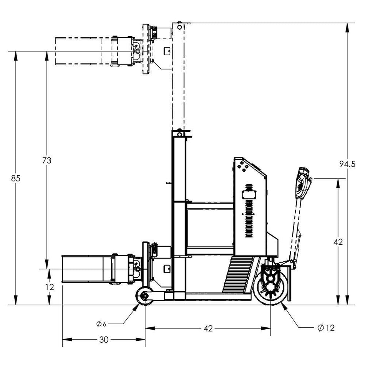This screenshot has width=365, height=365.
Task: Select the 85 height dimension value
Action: coord(15,178)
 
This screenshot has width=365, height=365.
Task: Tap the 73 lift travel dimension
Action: coord(46,161)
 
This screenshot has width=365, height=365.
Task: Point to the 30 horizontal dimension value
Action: coord(103,340)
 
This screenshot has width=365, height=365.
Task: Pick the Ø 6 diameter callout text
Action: coord(101,324)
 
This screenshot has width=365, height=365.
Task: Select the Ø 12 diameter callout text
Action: coord(326,328)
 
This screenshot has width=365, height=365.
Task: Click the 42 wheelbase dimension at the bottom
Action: coord(208,328)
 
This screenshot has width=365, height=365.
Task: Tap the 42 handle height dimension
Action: coord(337,242)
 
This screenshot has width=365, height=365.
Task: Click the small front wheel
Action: coord(144,296)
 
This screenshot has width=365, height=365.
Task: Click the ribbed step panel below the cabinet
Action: coord(238,275)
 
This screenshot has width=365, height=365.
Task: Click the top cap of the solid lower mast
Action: coord(179,133)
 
